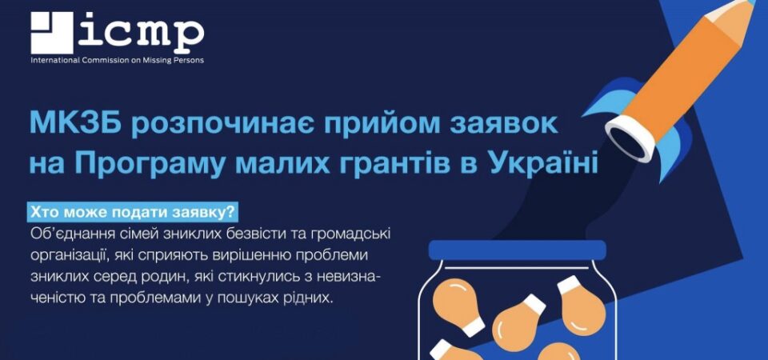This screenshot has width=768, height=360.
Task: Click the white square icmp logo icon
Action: (51, 33)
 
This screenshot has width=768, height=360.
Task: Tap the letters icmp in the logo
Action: (141, 31)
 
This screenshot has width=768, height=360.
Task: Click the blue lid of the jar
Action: (518, 250)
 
